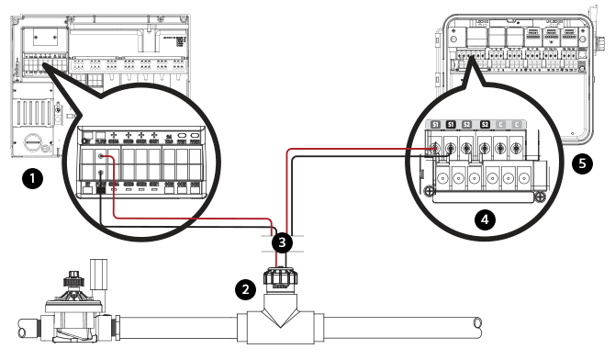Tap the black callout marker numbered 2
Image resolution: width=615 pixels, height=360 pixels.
(244, 288)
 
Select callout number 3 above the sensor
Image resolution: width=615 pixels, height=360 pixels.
(285, 243)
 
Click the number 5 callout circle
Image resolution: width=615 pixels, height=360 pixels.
(580, 164)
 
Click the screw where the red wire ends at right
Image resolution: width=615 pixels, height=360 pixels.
(433, 147)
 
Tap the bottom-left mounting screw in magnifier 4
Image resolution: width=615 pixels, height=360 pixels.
(429, 190)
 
